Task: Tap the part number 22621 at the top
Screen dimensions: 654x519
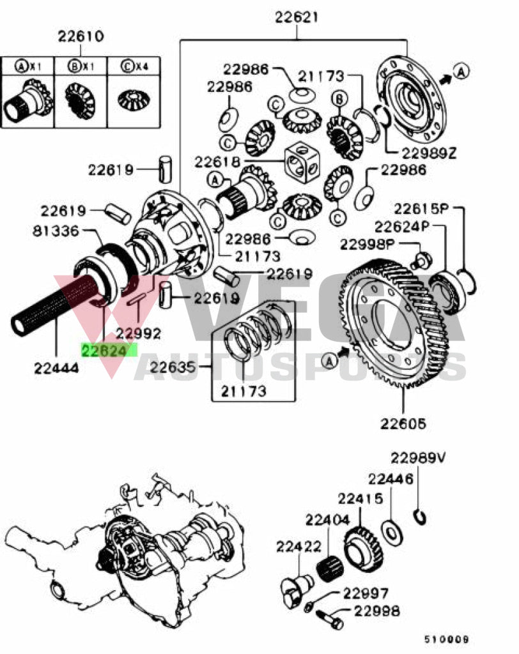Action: [x=297, y=17]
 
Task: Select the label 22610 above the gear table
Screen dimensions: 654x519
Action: [x=81, y=36]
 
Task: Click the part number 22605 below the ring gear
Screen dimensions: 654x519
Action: [x=403, y=423]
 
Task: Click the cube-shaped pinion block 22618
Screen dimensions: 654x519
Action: [x=300, y=163]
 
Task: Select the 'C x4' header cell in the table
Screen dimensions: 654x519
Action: [x=132, y=66]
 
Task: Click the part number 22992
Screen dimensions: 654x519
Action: [x=138, y=333]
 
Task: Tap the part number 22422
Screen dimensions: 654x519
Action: [x=298, y=546]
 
